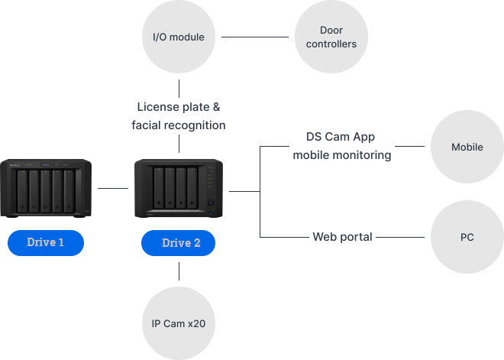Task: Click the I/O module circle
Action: tap(179, 37)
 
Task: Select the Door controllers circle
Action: tap(331, 37)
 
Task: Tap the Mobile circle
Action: tap(467, 147)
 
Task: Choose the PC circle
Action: tap(467, 237)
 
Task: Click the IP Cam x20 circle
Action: tap(179, 323)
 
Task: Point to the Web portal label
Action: tap(342, 237)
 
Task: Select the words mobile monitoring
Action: tap(341, 155)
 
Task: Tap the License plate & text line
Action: tap(179, 107)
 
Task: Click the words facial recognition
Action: tap(179, 125)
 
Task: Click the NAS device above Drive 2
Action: tap(178, 187)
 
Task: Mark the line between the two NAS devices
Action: tap(113, 188)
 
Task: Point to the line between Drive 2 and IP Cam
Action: tap(179, 271)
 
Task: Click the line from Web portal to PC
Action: tap(402, 237)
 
